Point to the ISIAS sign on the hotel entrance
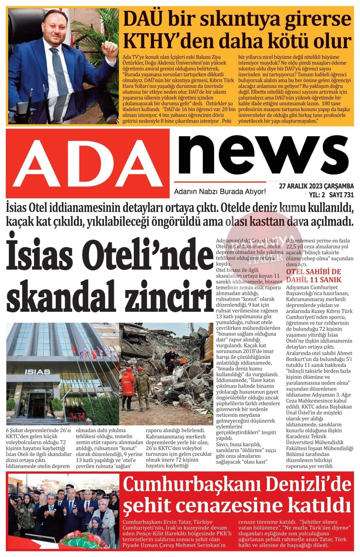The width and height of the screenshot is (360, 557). click(x=37, y=372)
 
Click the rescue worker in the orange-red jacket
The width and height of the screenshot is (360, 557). click(x=128, y=383)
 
